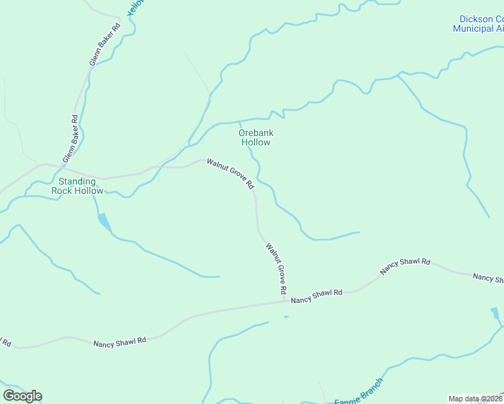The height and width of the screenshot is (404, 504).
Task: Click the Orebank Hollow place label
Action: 255,137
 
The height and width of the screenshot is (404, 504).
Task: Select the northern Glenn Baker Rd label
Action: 104,44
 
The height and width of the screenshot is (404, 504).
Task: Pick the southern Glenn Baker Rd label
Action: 71,138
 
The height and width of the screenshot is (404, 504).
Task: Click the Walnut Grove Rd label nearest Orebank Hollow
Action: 230,173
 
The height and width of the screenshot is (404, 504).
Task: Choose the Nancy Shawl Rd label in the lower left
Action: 120,341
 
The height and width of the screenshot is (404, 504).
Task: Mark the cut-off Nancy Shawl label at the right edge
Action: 488,277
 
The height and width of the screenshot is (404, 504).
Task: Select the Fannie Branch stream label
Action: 358,392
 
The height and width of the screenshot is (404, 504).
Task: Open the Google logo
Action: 22,395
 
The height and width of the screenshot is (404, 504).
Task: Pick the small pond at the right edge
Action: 495,313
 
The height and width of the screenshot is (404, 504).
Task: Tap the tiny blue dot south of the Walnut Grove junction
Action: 286,316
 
